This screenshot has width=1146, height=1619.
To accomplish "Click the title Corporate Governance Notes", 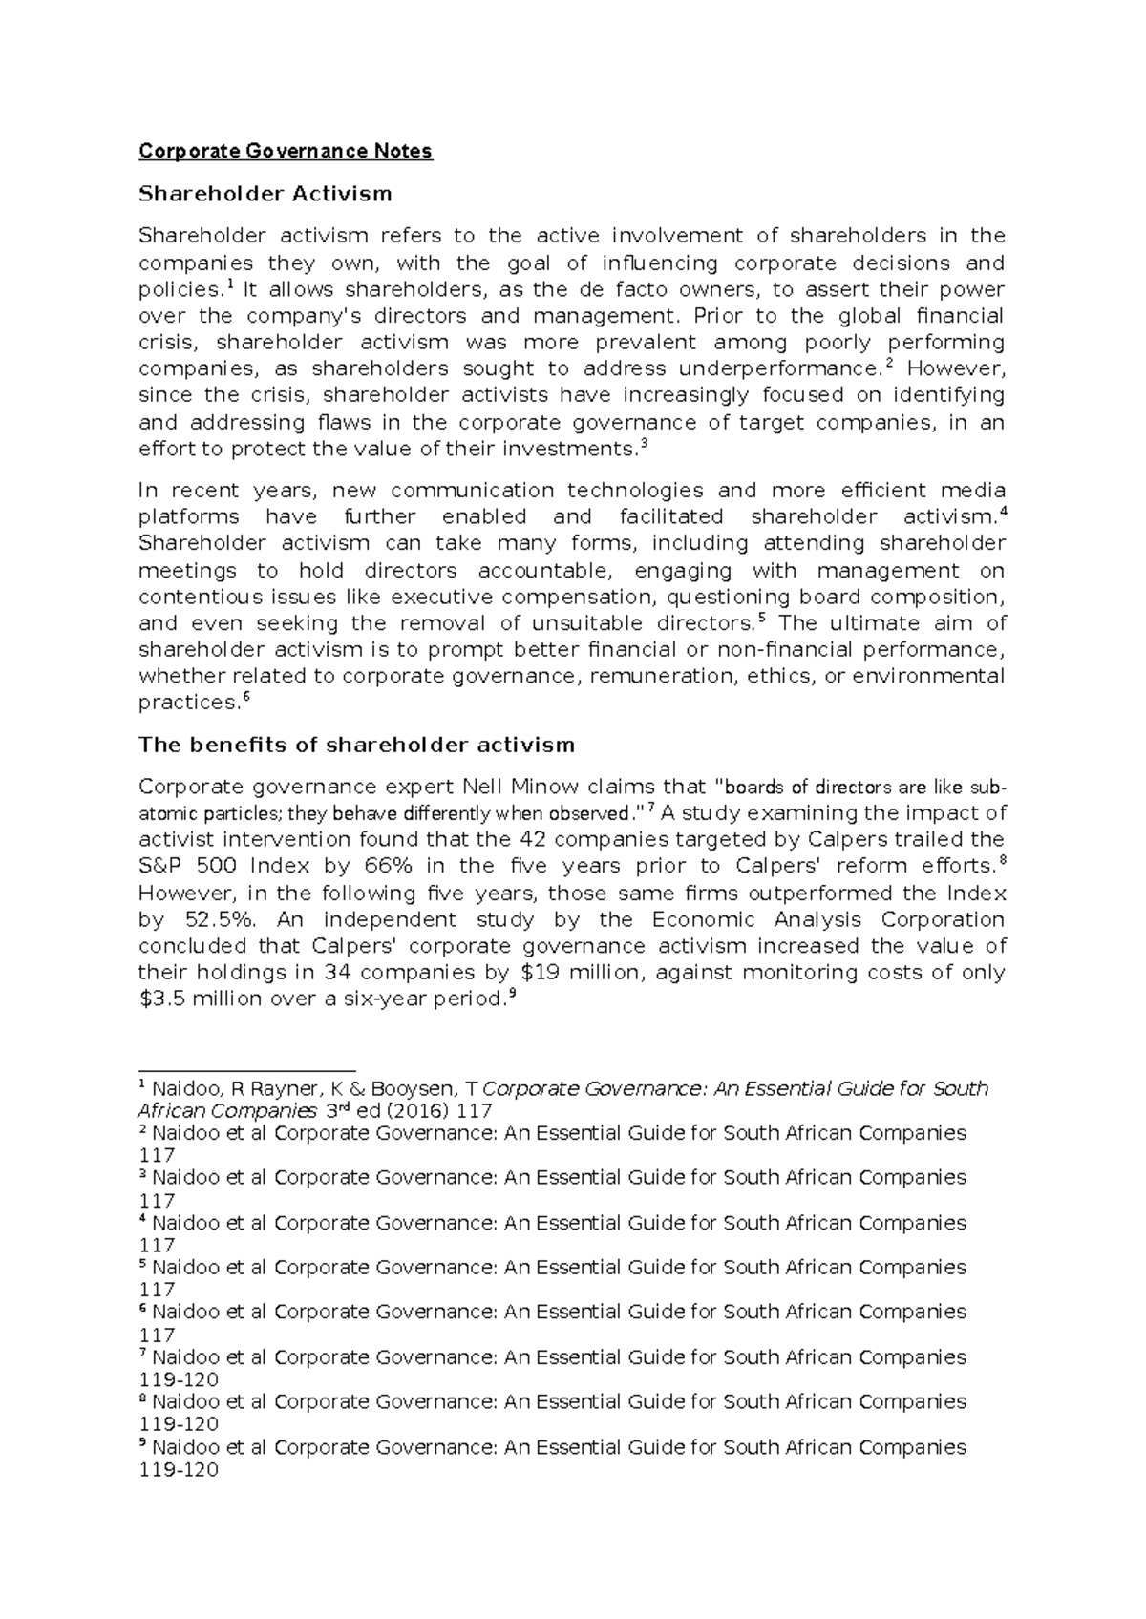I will pyautogui.click(x=286, y=151).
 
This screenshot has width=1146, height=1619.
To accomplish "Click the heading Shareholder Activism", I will pyautogui.click(x=265, y=194).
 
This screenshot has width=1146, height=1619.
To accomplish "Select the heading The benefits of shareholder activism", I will pyautogui.click(x=356, y=745).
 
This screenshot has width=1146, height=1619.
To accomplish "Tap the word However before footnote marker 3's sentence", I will pyautogui.click(x=956, y=369).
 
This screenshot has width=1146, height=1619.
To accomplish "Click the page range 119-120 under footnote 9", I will pyautogui.click(x=179, y=1470).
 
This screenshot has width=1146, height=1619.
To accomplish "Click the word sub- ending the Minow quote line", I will pyautogui.click(x=987, y=787).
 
